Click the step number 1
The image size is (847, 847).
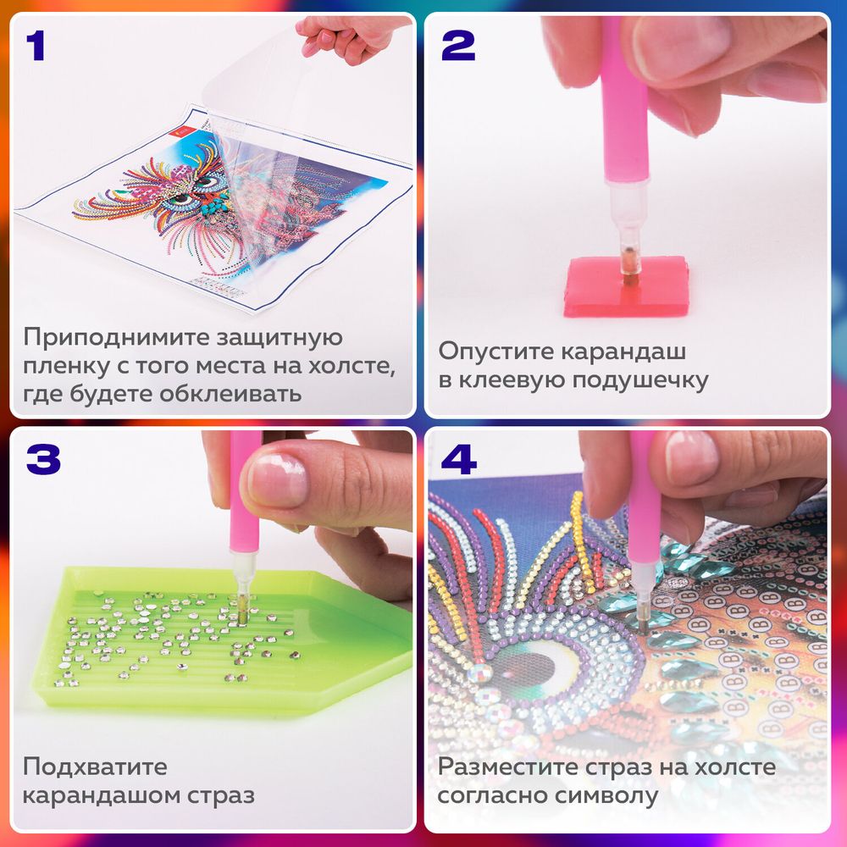(x=35, y=47)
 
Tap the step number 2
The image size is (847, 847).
(x=457, y=47)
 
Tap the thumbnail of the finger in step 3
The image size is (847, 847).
(x=279, y=479)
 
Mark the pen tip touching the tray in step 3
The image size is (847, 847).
(x=242, y=616)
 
